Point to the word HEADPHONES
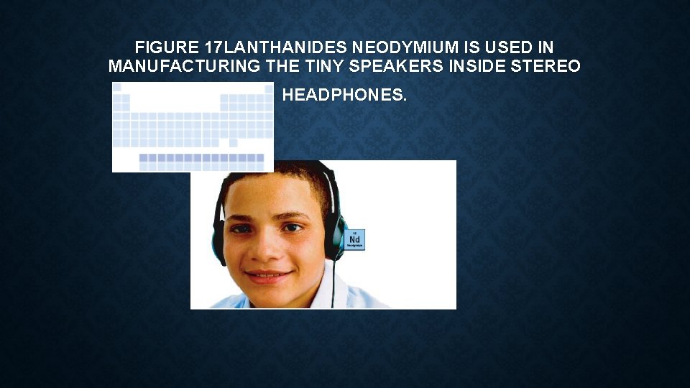(344, 95)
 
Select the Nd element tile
(354, 239)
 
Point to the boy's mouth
(268, 275)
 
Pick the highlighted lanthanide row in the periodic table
(201, 157)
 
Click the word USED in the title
(505, 48)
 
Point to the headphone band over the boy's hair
(327, 180)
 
